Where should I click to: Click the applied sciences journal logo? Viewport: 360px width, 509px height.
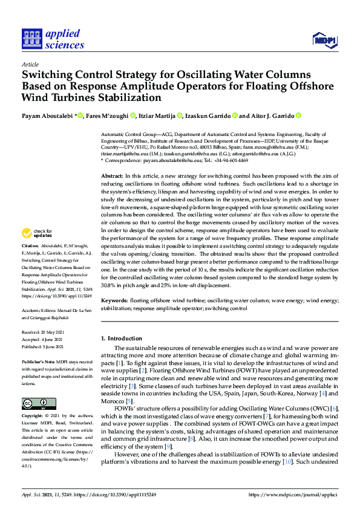click(x=53, y=39)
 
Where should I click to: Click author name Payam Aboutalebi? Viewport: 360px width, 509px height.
click(x=44, y=115)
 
